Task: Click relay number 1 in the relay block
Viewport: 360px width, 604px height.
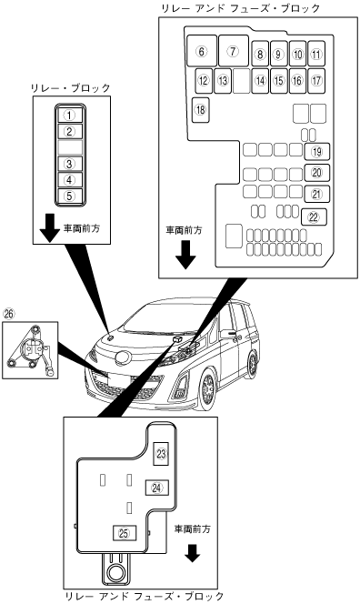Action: click(69, 115)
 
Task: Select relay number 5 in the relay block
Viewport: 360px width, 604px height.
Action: click(69, 196)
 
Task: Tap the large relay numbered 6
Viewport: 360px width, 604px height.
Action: click(202, 51)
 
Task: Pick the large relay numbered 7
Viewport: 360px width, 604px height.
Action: click(234, 51)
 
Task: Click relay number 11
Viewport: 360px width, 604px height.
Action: click(316, 54)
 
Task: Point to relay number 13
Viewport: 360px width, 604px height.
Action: click(223, 81)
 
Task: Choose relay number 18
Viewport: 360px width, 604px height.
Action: click(201, 110)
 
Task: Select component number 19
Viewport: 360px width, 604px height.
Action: click(317, 151)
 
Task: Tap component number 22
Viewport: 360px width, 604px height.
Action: click(314, 216)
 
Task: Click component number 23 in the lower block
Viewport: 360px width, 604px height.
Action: click(161, 454)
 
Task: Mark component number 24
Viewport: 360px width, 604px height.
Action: click(156, 488)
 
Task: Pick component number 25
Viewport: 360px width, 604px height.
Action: click(124, 533)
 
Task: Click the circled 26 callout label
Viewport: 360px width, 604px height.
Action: click(8, 314)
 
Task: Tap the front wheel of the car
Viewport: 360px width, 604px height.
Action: click(207, 388)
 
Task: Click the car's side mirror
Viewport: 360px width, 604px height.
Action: click(228, 334)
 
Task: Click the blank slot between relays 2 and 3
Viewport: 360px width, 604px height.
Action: click(70, 147)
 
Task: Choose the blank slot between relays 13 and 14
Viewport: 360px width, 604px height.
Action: click(242, 81)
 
